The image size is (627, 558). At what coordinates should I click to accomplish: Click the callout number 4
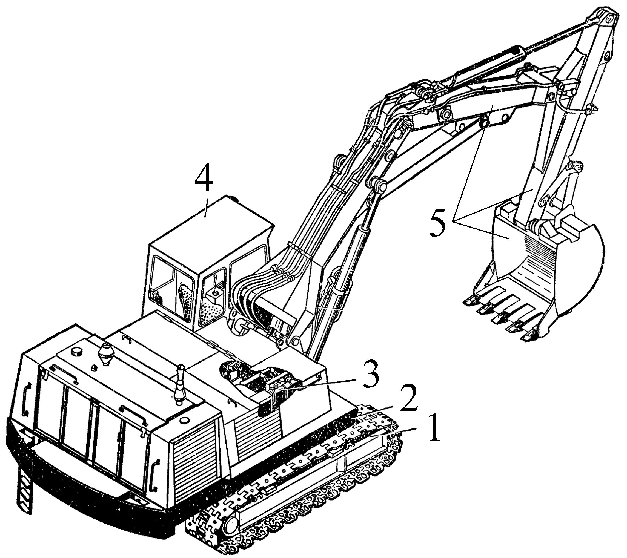pyautogui.click(x=203, y=180)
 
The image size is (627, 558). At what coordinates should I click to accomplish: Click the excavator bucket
pyautogui.click(x=534, y=270)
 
